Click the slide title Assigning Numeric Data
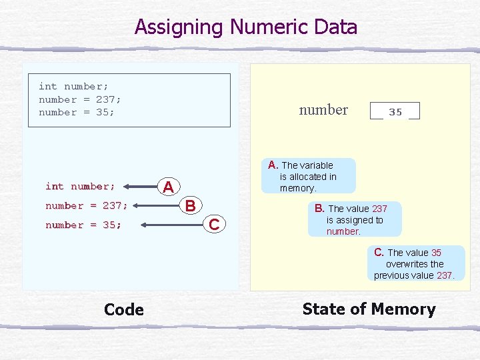[246, 27]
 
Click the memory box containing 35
[395, 111]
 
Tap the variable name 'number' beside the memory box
[323, 110]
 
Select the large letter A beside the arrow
[170, 186]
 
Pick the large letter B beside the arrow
[190, 205]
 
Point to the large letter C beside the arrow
[213, 225]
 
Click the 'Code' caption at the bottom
[124, 309]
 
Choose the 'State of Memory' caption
[369, 309]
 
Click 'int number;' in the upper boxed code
[73, 86]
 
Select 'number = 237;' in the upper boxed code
[80, 99]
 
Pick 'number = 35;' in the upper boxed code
[77, 112]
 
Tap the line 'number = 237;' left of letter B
[87, 205]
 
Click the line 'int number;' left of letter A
[80, 186]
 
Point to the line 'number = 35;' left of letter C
[83, 225]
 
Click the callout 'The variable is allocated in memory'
[308, 177]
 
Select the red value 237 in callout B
[379, 209]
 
